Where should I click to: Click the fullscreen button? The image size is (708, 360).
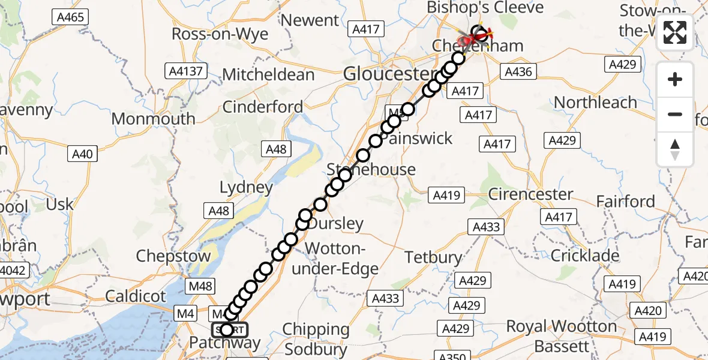point(675,32)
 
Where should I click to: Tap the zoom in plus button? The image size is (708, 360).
point(675,79)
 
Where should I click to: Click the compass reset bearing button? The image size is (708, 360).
point(675,149)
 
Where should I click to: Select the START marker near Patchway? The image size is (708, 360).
point(229,329)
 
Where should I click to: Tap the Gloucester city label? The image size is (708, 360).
point(389,74)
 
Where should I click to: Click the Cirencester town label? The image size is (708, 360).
point(530,194)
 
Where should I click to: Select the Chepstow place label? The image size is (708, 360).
point(173,256)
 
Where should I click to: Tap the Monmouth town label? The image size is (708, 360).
point(154,119)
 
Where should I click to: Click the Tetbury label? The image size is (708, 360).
point(433,257)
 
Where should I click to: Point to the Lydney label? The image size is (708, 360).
point(246,187)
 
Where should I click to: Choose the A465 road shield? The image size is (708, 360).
point(70,17)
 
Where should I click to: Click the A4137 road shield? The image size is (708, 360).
point(186,71)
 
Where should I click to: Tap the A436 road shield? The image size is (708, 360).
point(518,72)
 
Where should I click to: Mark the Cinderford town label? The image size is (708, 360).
point(263,107)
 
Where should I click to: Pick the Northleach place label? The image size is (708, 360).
point(595,103)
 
